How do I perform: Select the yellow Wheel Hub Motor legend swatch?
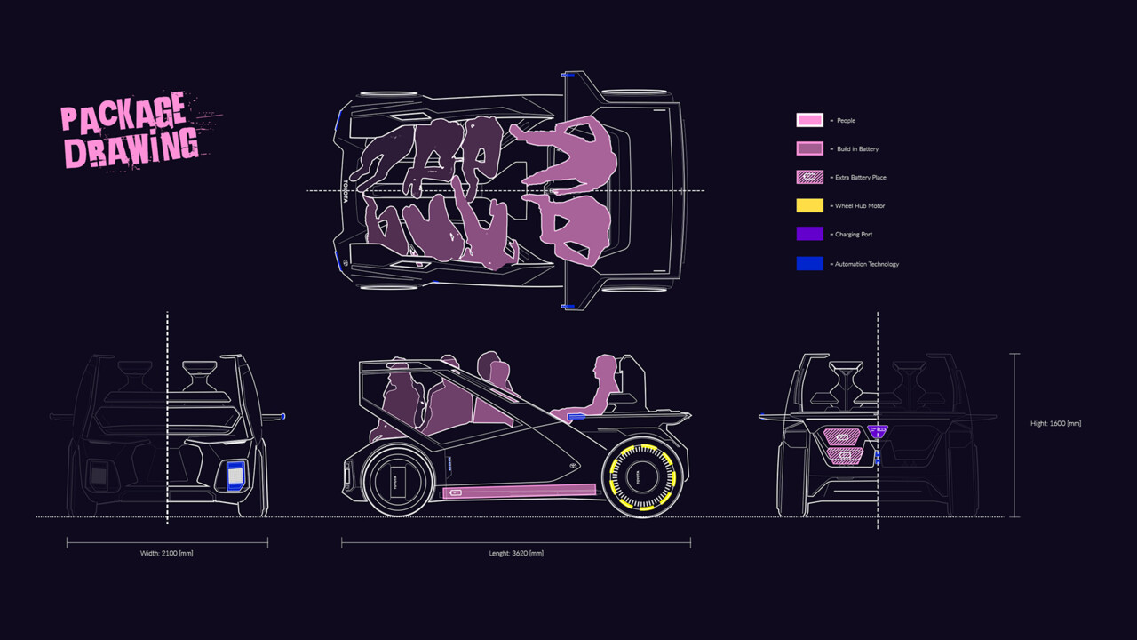(x=809, y=206)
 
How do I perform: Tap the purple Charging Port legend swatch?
(x=809, y=235)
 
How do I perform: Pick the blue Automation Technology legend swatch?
(x=809, y=264)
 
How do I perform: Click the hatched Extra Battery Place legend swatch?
(x=809, y=178)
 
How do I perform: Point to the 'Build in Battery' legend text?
(x=857, y=149)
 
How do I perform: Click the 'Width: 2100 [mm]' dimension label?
(x=167, y=553)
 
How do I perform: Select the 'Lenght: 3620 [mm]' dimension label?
(x=516, y=553)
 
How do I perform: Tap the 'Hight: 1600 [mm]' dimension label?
(x=1056, y=424)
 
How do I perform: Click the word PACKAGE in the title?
(x=123, y=112)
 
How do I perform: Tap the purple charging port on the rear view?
(x=877, y=432)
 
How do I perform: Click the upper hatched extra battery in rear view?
(x=843, y=436)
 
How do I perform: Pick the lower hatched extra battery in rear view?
(x=845, y=456)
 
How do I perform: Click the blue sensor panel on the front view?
(x=235, y=476)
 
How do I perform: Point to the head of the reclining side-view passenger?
(x=606, y=366)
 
